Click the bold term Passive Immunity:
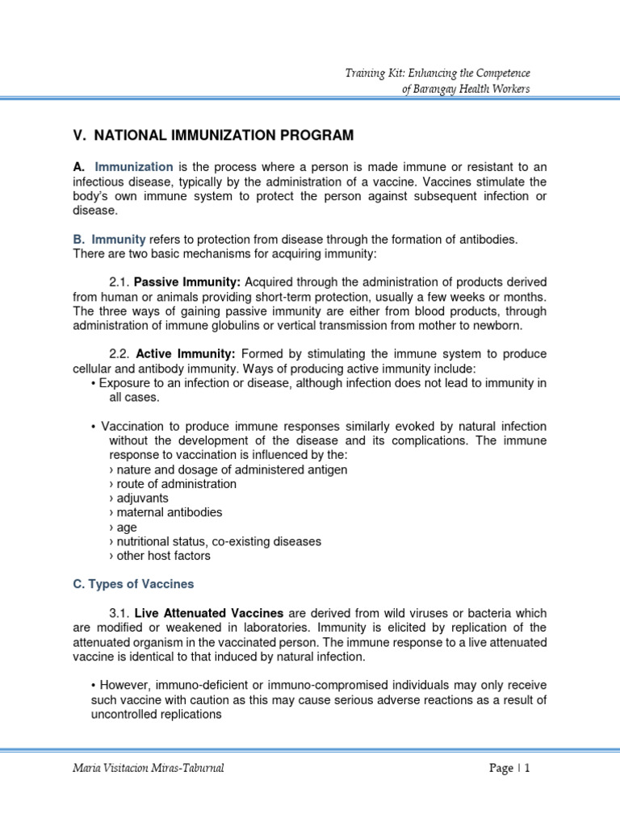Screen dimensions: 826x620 pos(187,282)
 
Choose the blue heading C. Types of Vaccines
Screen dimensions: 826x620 pos(133,584)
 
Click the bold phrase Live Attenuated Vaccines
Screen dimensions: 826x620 pos(208,613)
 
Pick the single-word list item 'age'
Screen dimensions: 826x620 pos(127,528)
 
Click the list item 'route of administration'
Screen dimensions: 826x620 pos(176,484)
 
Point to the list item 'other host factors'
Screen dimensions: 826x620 pos(164,556)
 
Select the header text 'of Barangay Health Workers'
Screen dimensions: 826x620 pos(466,89)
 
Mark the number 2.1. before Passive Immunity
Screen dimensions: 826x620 pos(119,282)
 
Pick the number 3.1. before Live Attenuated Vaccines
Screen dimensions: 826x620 pos(119,613)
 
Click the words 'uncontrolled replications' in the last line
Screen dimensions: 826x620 pos(156,714)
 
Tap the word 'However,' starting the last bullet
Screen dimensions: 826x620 pos(121,685)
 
